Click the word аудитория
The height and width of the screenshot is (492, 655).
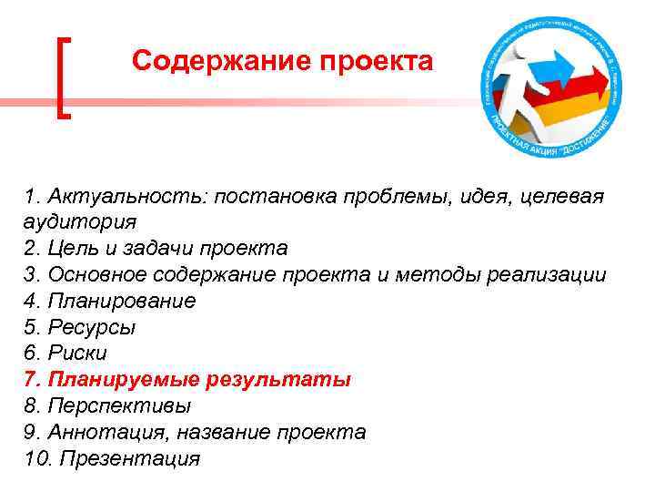pos(81,222)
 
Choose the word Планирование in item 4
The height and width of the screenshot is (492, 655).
pos(123,301)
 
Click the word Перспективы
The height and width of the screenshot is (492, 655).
pos(113,405)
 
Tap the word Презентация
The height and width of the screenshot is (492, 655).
pos(129,458)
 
